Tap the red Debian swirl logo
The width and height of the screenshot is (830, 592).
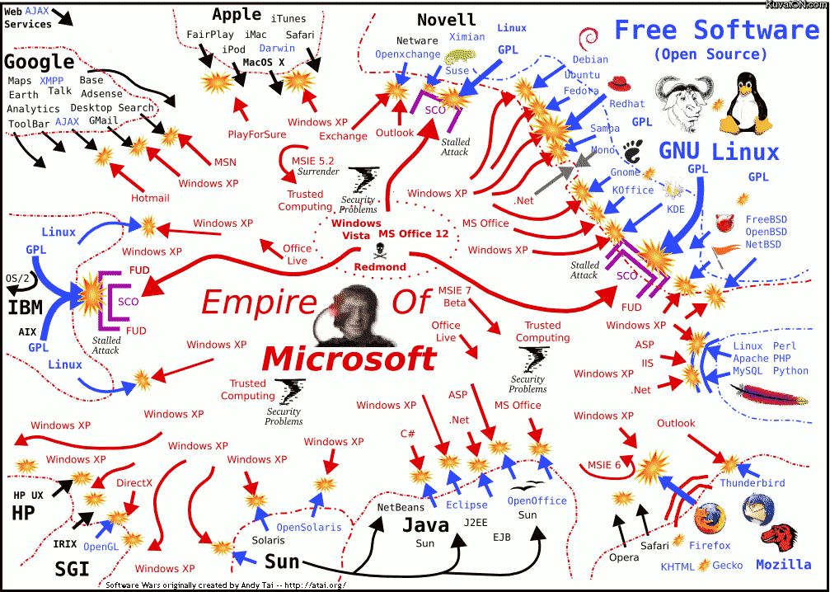point(589,38)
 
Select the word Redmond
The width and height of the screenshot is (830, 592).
point(380,267)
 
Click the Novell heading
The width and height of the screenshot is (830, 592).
point(446,20)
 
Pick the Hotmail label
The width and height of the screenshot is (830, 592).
point(150,198)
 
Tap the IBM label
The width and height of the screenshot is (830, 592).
point(26,308)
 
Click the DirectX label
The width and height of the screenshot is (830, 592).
point(134,483)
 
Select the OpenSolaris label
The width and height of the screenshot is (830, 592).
point(308,528)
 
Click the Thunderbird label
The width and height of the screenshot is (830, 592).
point(752,483)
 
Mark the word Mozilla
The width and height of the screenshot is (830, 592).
point(783,566)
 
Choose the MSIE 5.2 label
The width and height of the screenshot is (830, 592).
point(312,160)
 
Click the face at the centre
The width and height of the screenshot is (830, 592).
point(357,317)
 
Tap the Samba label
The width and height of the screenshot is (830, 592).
point(604,129)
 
